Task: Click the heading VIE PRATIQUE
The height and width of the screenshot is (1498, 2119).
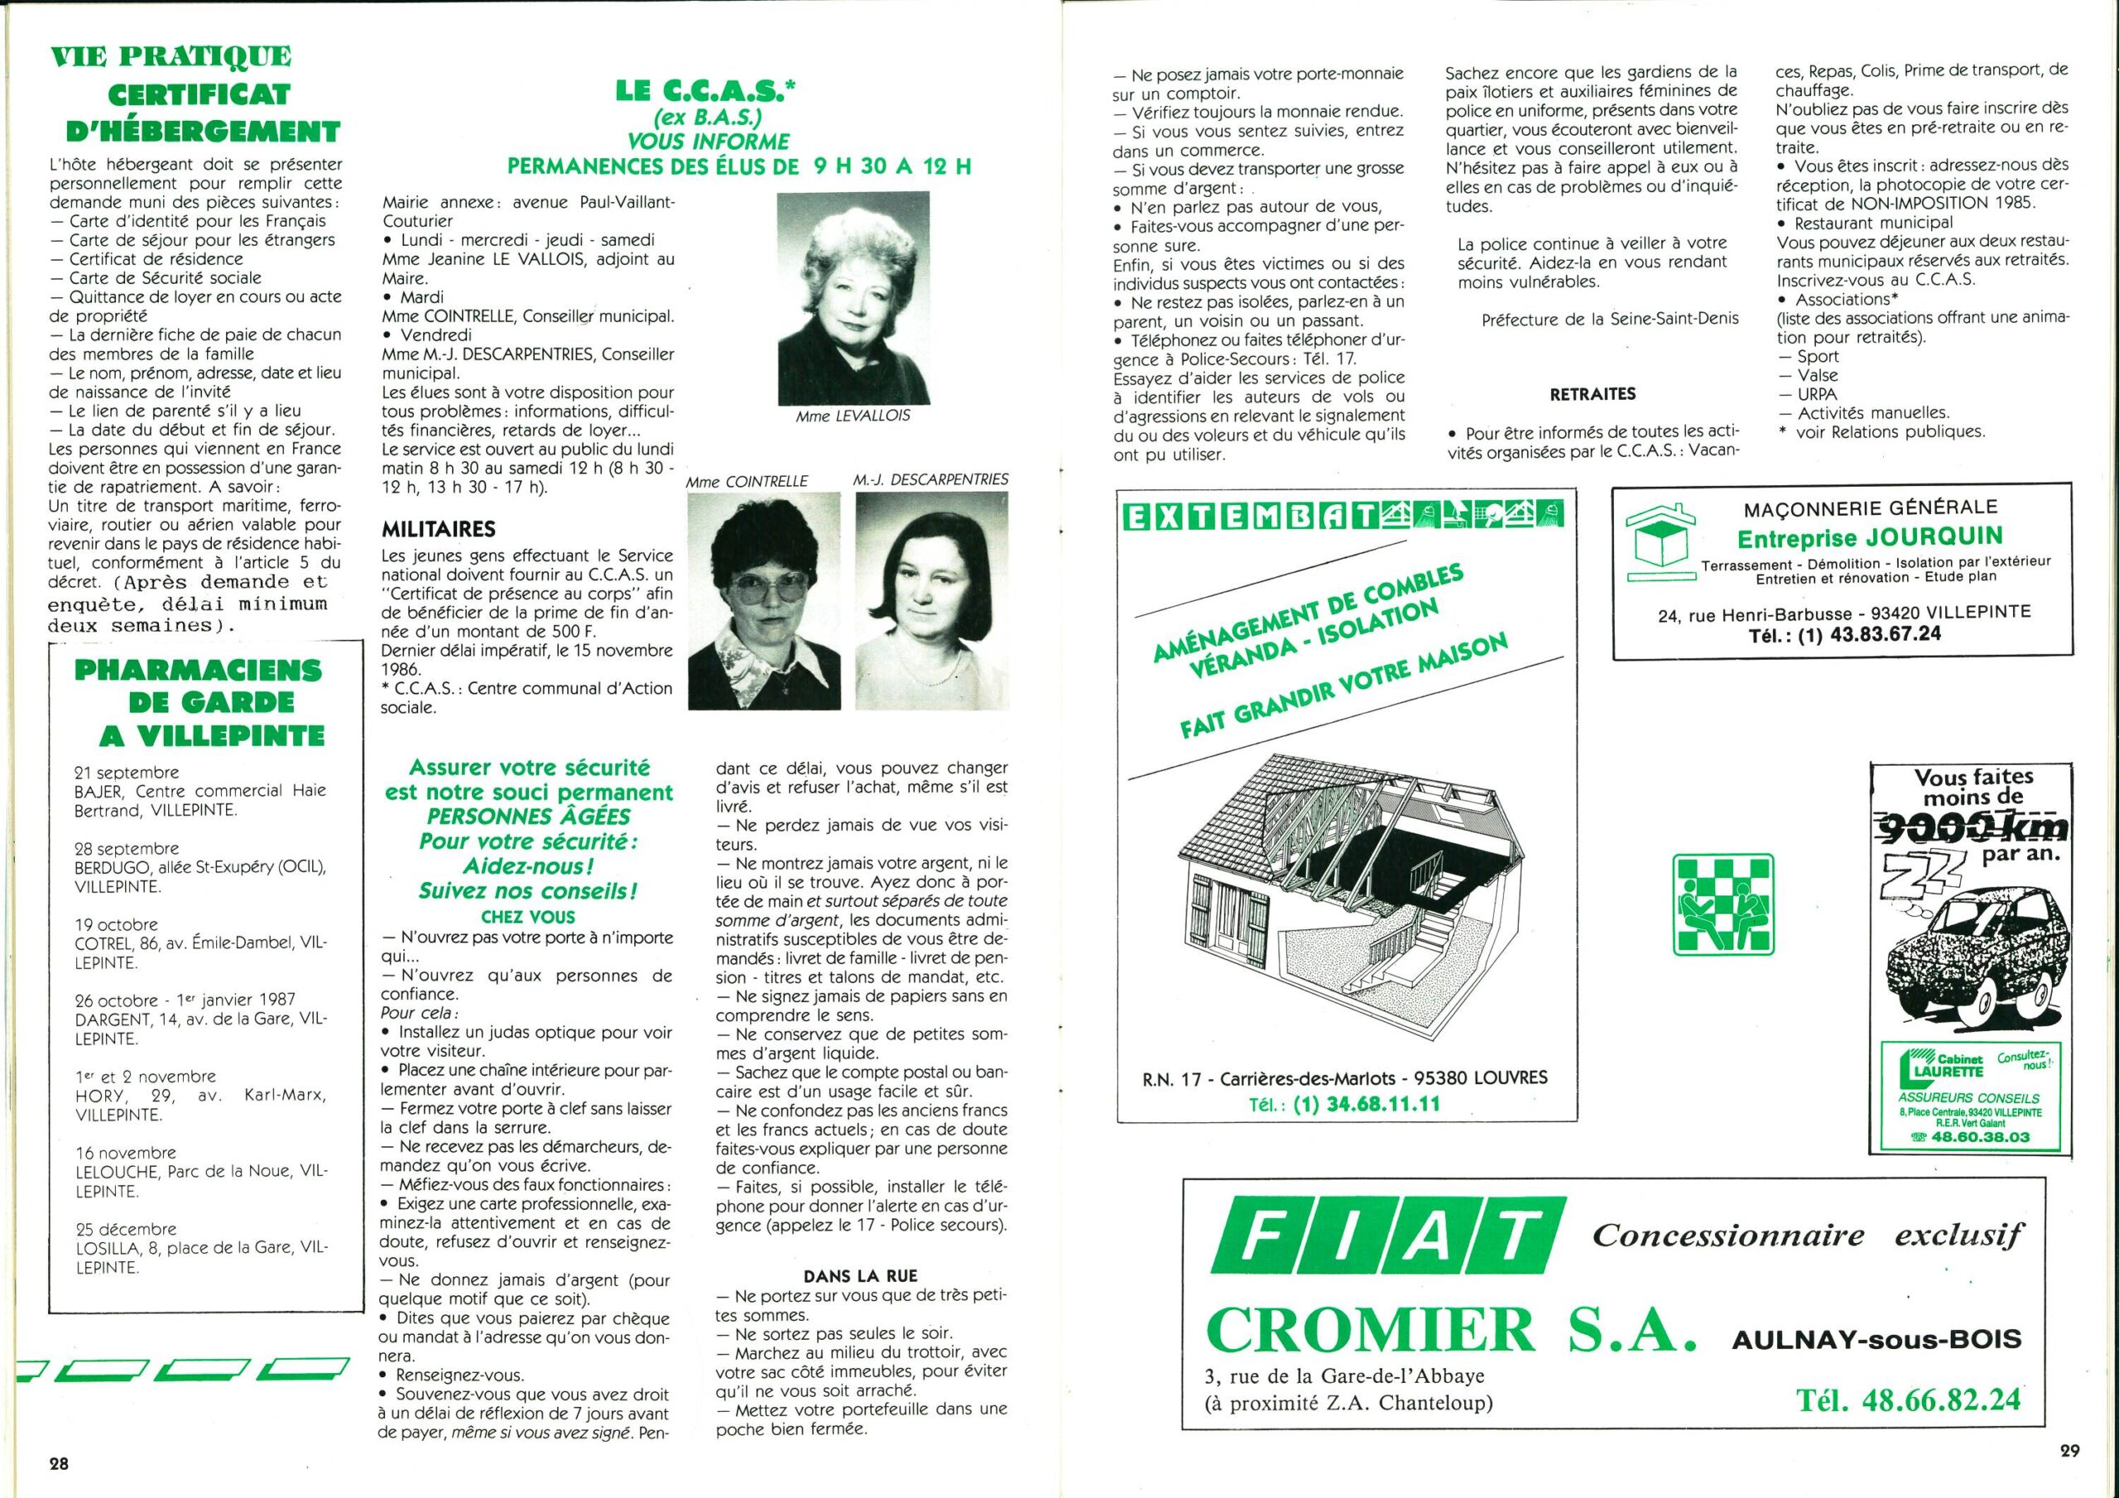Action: (171, 56)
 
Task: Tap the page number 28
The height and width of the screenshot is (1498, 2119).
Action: (59, 1463)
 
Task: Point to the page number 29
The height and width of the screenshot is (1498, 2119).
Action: (2069, 1450)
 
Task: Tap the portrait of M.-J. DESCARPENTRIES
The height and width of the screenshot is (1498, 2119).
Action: (931, 601)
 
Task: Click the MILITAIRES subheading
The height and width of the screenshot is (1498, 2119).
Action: (439, 529)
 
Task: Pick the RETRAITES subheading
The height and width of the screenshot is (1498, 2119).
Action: (1593, 394)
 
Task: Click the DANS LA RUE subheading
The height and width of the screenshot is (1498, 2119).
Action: (860, 1275)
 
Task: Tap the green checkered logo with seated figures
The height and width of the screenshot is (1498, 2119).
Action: (1723, 904)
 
